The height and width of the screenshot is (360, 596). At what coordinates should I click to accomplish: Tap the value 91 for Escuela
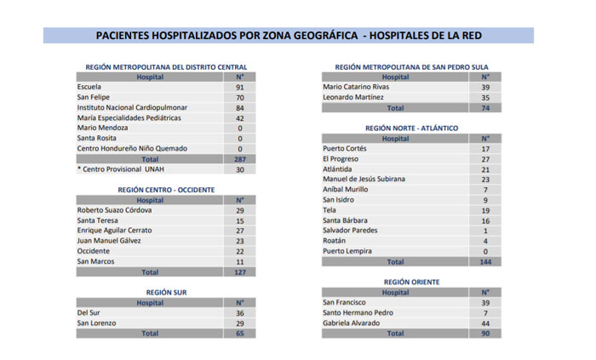[x=240, y=88]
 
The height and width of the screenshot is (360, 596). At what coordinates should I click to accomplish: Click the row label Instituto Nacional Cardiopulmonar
[x=132, y=108]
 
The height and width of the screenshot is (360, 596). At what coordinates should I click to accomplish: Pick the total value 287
[x=240, y=159]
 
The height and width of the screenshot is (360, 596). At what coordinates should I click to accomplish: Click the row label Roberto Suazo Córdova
[x=114, y=210]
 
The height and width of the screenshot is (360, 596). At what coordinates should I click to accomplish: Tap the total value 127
[x=240, y=272]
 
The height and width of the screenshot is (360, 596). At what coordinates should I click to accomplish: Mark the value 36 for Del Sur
[x=240, y=313]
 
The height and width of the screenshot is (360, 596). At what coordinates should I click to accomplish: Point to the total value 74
[x=484, y=108]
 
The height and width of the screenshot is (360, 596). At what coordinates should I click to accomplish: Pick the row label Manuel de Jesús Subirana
[x=364, y=180]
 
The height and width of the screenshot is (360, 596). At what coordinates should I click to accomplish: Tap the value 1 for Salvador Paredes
[x=484, y=231]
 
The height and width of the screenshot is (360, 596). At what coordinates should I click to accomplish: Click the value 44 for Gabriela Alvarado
[x=484, y=323]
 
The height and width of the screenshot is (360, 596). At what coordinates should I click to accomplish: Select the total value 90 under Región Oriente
[x=484, y=334]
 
